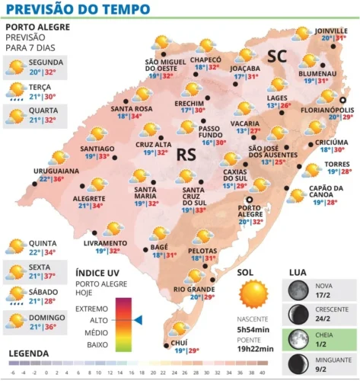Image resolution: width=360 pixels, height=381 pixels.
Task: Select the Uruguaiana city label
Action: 55,171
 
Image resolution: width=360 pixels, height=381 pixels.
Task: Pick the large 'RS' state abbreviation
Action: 187,155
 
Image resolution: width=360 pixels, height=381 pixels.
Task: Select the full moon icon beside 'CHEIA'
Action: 297,336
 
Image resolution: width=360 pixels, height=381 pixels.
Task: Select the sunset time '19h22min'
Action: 255,349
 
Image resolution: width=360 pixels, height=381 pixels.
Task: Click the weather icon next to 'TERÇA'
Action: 15,91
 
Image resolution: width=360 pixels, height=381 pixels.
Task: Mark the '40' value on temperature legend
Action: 263,373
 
